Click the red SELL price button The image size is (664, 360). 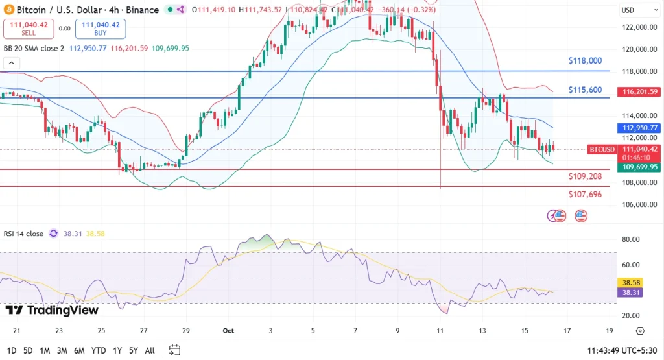pos(27,29)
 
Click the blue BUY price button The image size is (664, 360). pos(101,29)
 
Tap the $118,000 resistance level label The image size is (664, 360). pos(585,60)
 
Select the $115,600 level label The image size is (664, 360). pos(585,90)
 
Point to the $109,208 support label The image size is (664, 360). pos(585,176)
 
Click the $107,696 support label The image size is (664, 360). pos(585,194)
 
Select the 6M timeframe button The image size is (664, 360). pos(79,350)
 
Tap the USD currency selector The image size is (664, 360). pos(628,10)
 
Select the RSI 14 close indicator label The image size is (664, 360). pos(24,234)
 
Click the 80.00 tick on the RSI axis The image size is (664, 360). pos(632,239)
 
